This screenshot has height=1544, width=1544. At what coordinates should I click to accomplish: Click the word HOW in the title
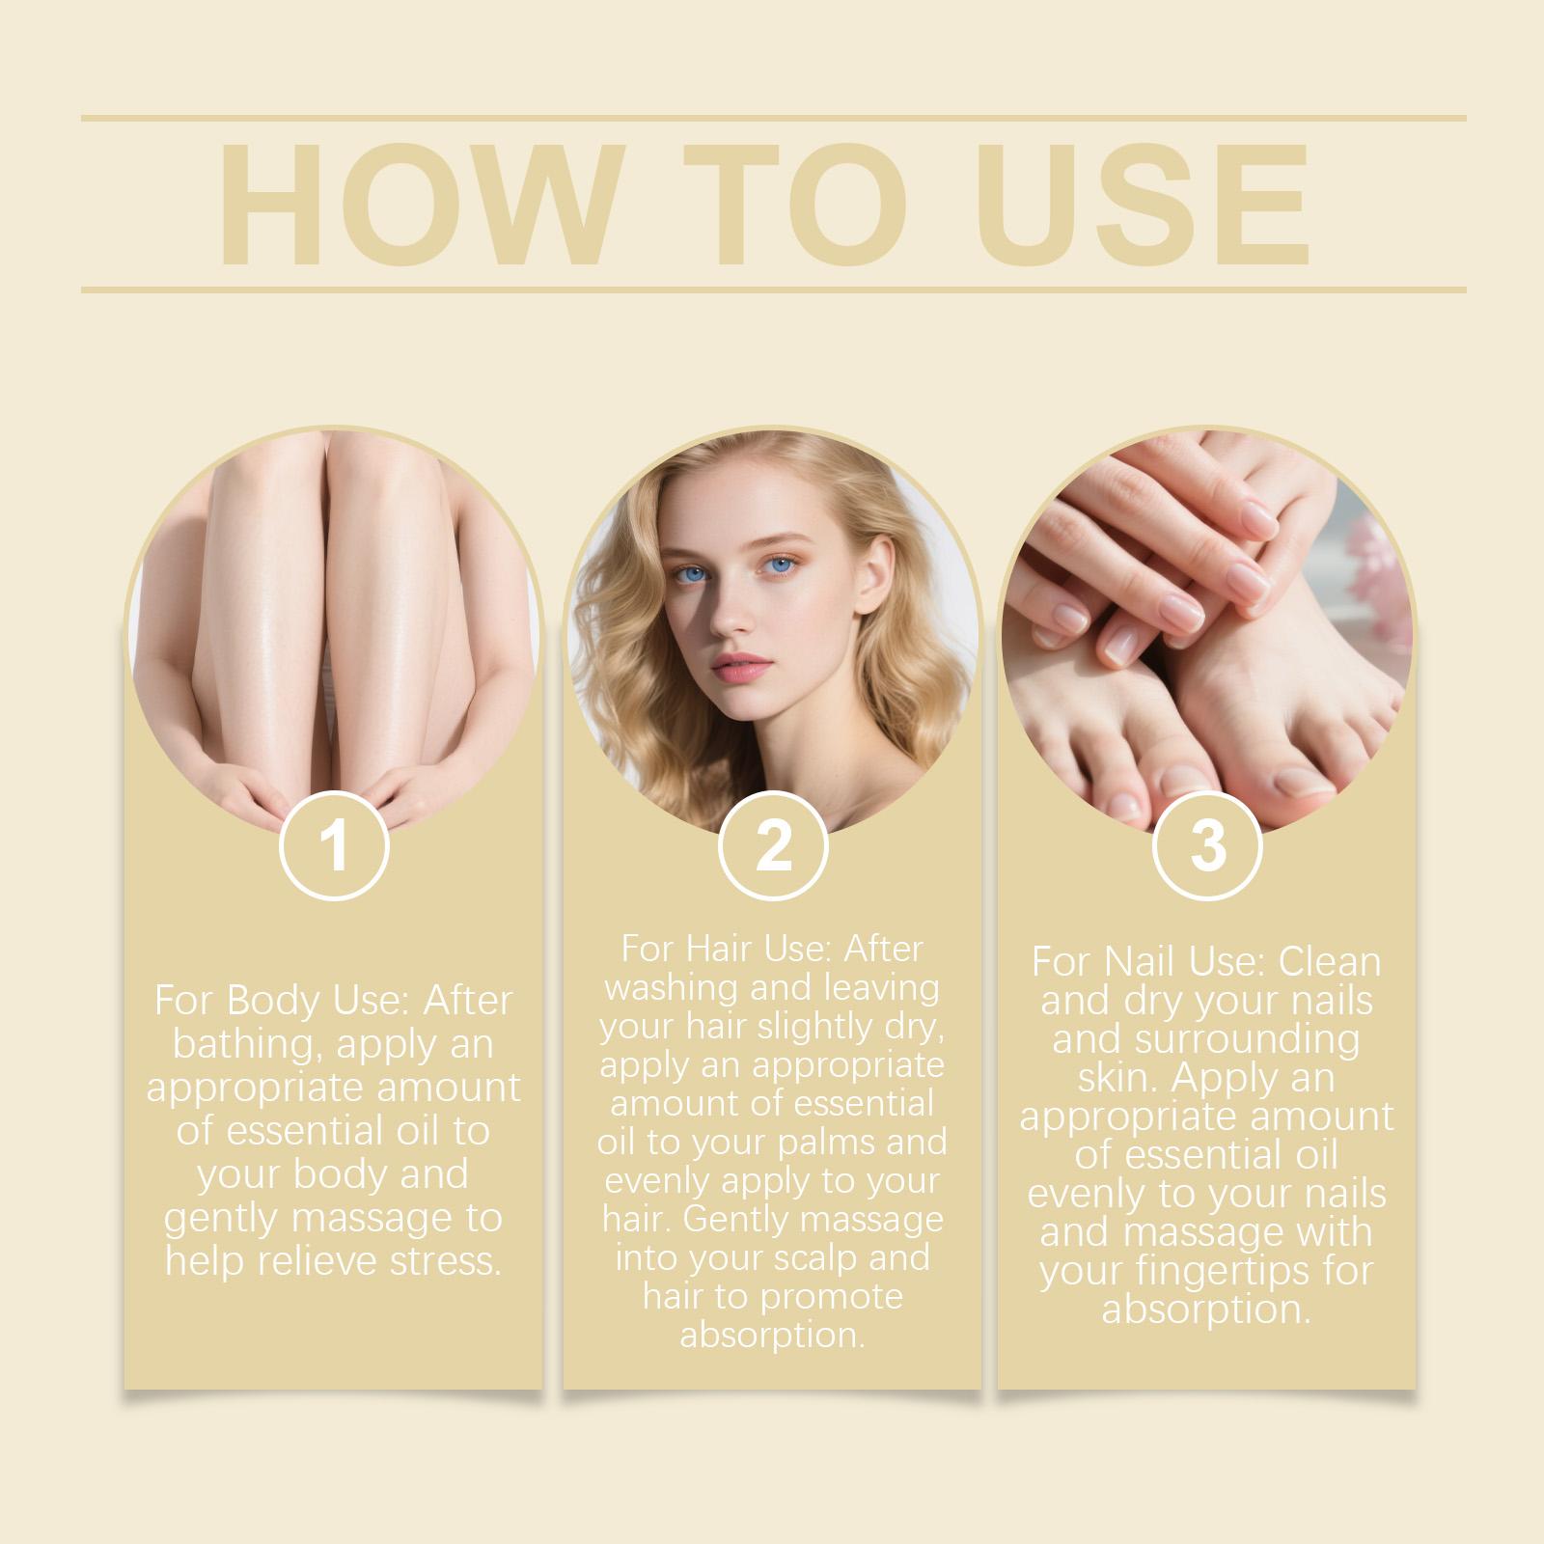pos(418,205)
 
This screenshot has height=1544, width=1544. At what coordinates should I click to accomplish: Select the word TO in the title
pos(796,205)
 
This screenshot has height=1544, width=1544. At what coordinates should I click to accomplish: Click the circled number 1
pos(334,845)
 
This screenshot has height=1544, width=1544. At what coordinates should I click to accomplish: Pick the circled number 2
pos(773,845)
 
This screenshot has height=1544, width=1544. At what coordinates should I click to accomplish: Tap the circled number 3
pos(1207,845)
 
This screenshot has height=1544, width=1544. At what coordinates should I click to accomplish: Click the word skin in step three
pos(1119,1078)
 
